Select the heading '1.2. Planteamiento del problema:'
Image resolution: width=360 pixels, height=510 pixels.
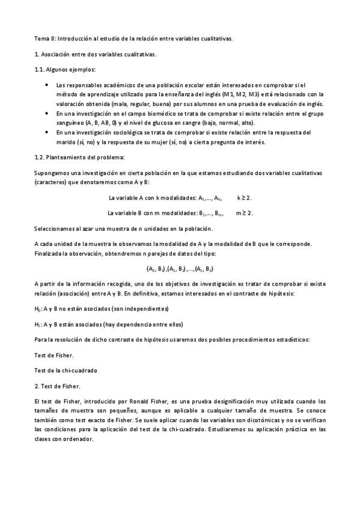79,158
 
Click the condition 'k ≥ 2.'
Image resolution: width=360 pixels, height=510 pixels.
244,197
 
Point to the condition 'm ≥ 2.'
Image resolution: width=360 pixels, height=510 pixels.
244,212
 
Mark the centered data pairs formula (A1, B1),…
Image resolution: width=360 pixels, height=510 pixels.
180,268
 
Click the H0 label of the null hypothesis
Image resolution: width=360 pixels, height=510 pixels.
37,309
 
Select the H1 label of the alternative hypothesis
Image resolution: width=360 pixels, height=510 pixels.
37,324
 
